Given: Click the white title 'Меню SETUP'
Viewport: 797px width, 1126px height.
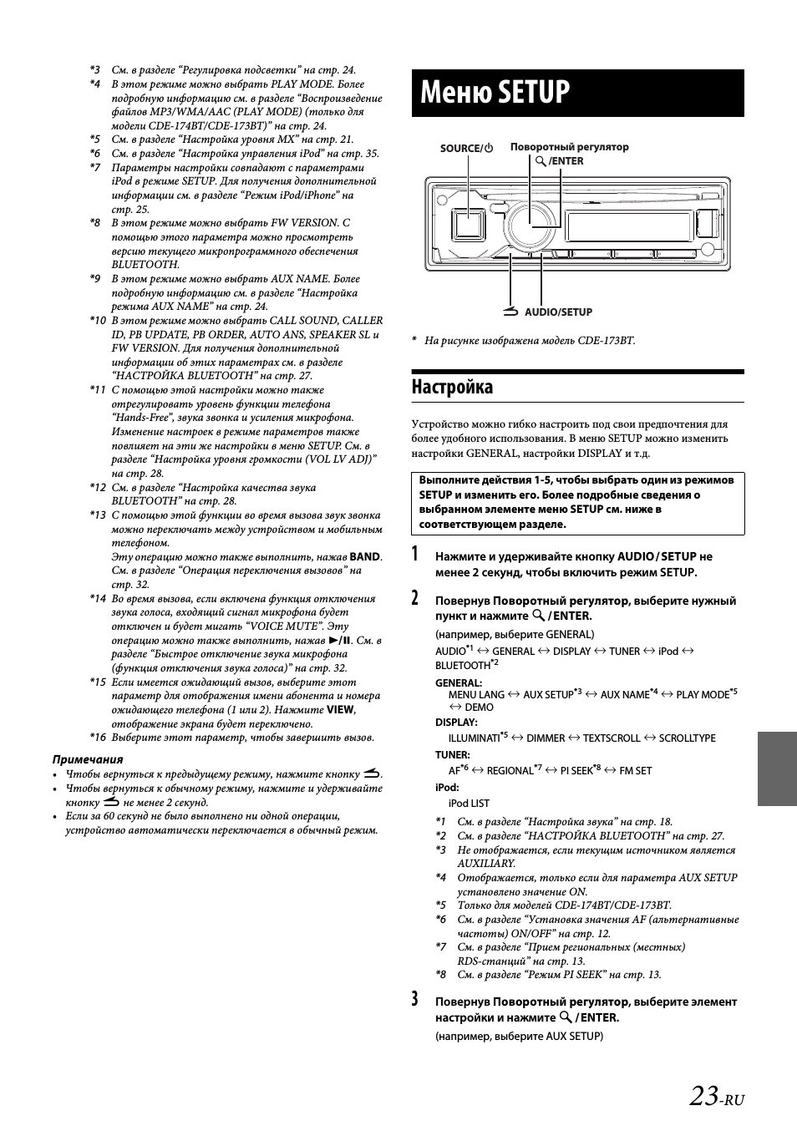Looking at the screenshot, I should click(x=495, y=92).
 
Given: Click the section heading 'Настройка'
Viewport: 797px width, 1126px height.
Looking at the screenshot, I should click(x=452, y=387).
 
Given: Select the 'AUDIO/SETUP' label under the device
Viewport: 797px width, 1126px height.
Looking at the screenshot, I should click(x=558, y=312).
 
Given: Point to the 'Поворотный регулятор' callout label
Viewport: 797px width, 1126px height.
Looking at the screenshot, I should click(x=569, y=147).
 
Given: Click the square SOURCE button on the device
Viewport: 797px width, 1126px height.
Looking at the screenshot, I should click(x=468, y=224).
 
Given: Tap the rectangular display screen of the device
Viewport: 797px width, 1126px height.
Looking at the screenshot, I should click(x=626, y=225).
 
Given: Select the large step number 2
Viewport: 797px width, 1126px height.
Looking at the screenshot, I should click(x=415, y=599).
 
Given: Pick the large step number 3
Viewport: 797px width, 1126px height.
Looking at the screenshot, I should click(x=415, y=1000).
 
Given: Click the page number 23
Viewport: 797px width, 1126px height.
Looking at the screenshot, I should click(x=705, y=1096).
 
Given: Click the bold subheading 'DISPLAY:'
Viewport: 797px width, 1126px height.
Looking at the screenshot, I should click(x=456, y=723).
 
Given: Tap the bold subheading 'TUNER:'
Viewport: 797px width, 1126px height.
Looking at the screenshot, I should click(x=453, y=755).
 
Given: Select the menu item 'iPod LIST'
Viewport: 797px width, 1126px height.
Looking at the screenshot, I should click(x=469, y=804).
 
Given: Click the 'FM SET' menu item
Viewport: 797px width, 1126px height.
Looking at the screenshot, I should click(x=635, y=771).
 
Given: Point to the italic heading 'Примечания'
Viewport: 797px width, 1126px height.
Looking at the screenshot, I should click(x=88, y=759).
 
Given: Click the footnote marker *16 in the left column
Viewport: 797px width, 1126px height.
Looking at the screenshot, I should click(x=98, y=738).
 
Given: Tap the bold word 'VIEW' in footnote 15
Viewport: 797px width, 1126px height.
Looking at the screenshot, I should click(x=340, y=710).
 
